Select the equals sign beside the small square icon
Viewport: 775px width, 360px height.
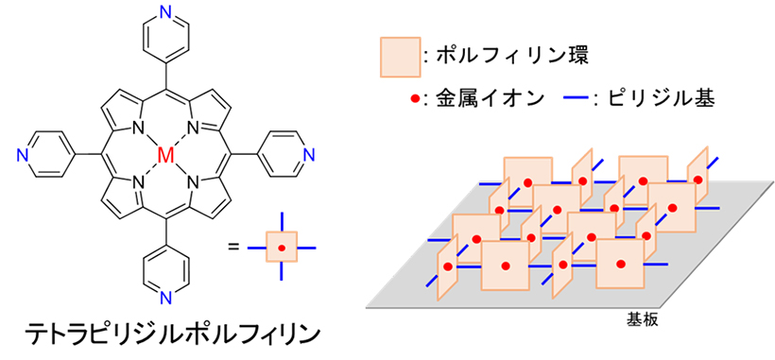click(233, 248)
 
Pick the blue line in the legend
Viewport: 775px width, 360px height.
click(576, 97)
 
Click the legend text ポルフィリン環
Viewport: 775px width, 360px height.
click(511, 58)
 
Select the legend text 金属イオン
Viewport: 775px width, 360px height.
click(486, 97)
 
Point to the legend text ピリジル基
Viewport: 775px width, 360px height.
click(661, 97)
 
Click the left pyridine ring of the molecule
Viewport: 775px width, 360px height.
click(47, 155)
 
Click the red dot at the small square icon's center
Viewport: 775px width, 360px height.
click(282, 248)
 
